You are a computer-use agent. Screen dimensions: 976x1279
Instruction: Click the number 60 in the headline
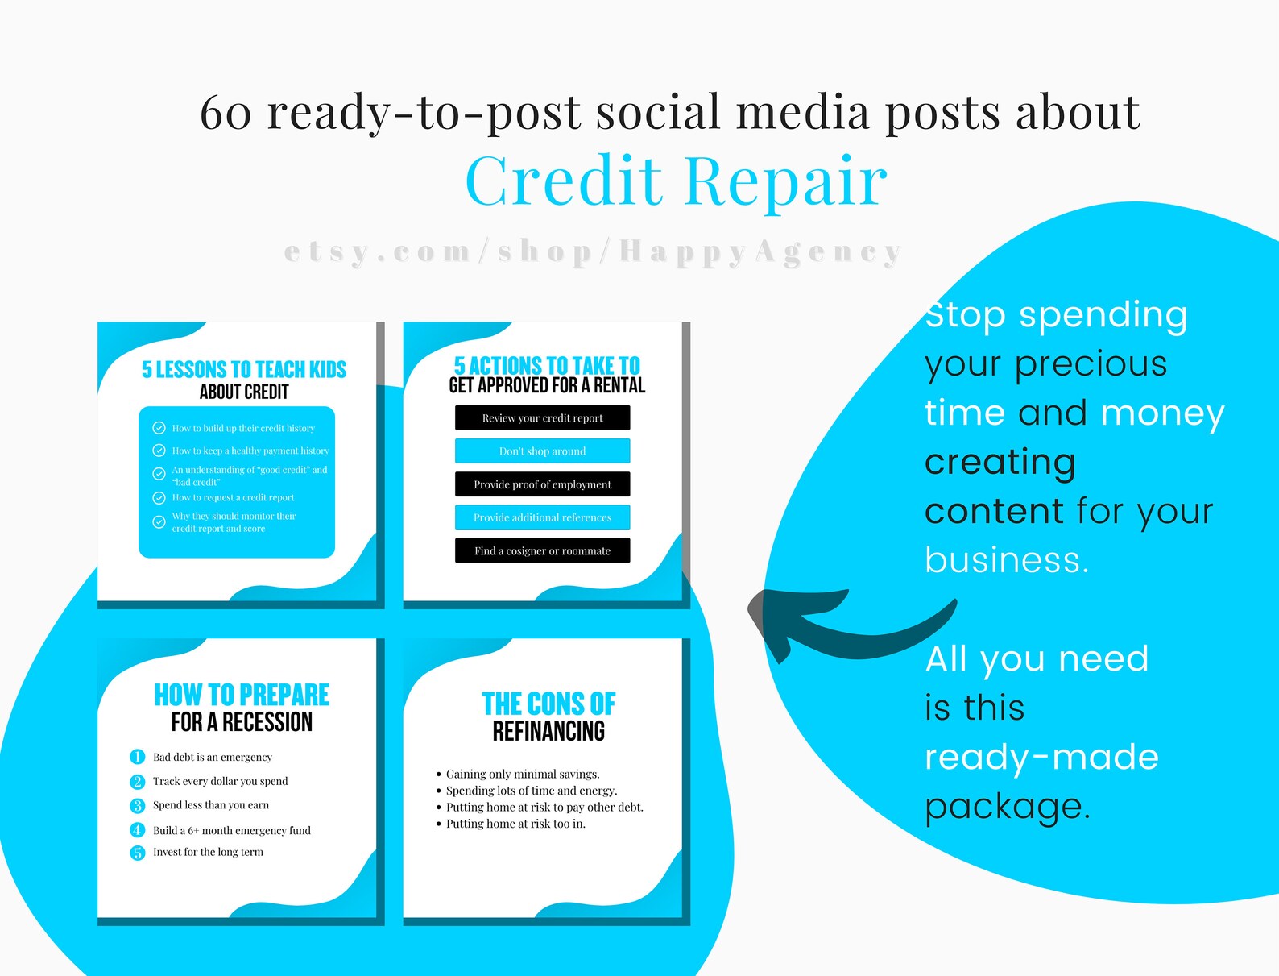click(x=226, y=113)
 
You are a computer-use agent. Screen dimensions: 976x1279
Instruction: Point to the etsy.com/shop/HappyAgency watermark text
click(x=593, y=252)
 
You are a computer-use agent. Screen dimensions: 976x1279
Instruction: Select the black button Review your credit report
click(x=542, y=418)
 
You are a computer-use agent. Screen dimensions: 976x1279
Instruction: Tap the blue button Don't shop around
click(x=542, y=451)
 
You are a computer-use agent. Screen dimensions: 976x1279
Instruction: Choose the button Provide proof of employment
click(x=542, y=484)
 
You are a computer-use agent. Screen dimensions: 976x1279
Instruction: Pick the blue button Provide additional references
click(x=542, y=517)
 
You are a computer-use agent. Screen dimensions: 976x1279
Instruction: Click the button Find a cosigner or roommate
click(x=542, y=551)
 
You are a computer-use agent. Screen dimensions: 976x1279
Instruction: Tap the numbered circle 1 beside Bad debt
click(x=137, y=757)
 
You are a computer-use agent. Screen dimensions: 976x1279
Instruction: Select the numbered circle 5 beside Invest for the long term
click(x=137, y=853)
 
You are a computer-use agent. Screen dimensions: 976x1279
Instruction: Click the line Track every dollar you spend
click(x=220, y=781)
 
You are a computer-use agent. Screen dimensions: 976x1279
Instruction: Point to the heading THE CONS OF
click(x=548, y=704)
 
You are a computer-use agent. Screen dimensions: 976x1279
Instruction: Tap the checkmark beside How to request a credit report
click(x=159, y=498)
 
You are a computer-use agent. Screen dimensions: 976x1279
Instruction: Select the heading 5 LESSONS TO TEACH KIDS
click(x=244, y=370)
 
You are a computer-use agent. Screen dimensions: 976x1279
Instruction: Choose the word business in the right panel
click(x=1007, y=560)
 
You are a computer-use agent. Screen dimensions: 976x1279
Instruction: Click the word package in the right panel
click(x=1007, y=806)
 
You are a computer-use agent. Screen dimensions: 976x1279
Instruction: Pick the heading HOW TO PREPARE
click(x=242, y=695)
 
